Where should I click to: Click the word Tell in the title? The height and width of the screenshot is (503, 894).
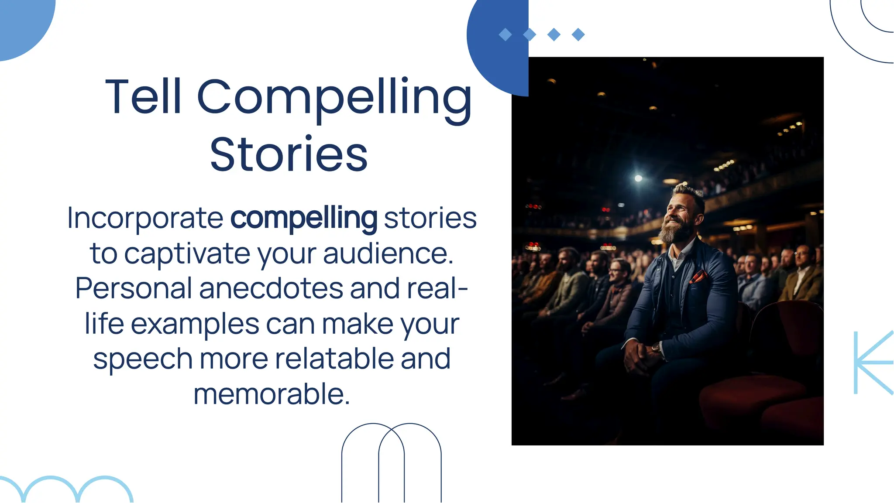coord(143,96)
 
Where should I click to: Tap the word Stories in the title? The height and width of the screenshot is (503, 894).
coord(289,154)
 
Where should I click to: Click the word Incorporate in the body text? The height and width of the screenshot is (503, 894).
coord(145,218)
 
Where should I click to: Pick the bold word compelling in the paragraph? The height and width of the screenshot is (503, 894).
coord(303,218)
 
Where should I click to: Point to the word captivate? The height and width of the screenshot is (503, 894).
coord(187,253)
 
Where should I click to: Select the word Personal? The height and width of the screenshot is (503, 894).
coord(134,288)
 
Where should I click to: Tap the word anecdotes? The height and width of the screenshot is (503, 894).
coord(271,288)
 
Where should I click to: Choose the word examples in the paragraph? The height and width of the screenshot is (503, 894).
coord(195,324)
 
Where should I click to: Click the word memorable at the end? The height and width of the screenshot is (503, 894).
coord(271,394)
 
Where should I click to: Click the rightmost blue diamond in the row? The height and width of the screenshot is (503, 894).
coord(578,34)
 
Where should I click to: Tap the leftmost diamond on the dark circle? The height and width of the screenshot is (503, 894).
coord(505,34)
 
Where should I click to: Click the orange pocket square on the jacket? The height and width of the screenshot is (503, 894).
coord(698,277)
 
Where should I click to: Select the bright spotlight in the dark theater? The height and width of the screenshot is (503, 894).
coord(638,178)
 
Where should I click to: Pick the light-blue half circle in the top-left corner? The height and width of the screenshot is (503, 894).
coord(22,22)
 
